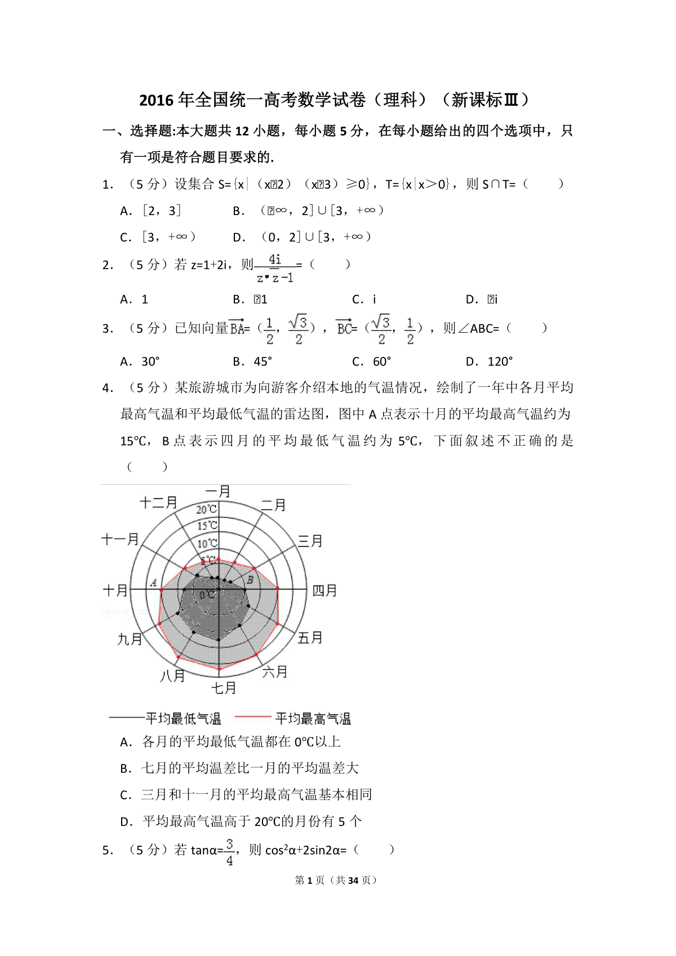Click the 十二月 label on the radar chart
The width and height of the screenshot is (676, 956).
[x=158, y=502]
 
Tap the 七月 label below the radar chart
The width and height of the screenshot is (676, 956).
[x=224, y=687]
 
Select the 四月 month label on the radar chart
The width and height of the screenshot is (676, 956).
[x=324, y=591]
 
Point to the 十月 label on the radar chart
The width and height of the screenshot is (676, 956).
[x=115, y=591]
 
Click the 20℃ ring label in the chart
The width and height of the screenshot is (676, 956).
[x=206, y=510]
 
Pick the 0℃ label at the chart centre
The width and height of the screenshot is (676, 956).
[x=208, y=595]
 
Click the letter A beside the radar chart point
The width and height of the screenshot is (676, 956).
[x=153, y=583]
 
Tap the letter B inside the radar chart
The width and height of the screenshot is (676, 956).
[x=251, y=579]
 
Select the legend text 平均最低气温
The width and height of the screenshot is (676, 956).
[x=183, y=718]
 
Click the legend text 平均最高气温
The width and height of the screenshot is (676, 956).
[x=313, y=718]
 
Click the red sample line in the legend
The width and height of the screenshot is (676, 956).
[x=252, y=717]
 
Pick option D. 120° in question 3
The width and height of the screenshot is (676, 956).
[x=489, y=361]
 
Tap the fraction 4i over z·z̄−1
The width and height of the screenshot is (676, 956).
[x=275, y=269]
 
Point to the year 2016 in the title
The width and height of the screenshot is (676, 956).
[x=157, y=100]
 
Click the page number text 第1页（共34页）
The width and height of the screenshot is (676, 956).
[x=336, y=880]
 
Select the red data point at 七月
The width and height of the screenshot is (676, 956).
[x=219, y=669]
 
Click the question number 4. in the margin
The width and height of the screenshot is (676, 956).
[x=108, y=388]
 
